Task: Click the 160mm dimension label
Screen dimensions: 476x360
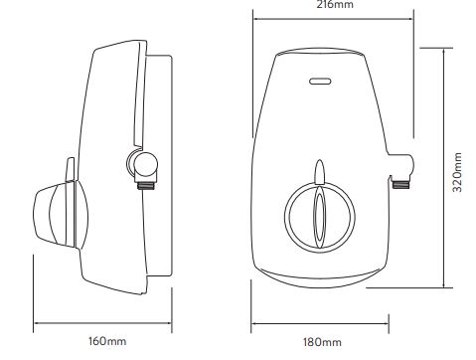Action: [107, 341]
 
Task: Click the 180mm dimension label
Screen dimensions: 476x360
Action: [322, 342]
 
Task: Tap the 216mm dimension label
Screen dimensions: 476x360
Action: [335, 4]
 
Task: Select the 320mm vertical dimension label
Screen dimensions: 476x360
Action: [457, 172]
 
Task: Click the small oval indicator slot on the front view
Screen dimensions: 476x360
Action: [320, 82]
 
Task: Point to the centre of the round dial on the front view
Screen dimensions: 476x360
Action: [320, 216]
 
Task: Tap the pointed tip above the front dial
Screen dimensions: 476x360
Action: [320, 160]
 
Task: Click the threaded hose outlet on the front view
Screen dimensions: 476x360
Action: [401, 183]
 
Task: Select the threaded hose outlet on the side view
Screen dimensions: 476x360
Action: [146, 184]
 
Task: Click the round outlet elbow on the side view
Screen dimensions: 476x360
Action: [142, 164]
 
